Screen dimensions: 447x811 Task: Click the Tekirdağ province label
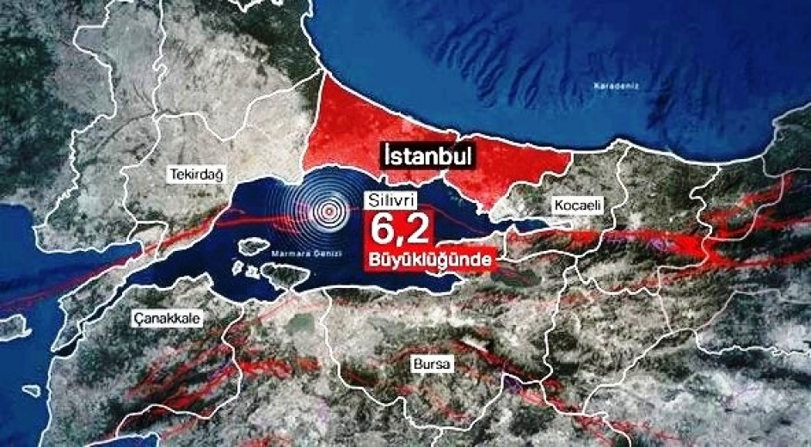pyautogui.click(x=194, y=174)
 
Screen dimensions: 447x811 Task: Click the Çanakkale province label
pyautogui.click(x=166, y=318)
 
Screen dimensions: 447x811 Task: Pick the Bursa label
pyautogui.click(x=433, y=364)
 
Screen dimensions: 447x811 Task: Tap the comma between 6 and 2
pyautogui.click(x=402, y=241)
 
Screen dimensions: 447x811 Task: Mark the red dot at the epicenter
pyautogui.click(x=328, y=210)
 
